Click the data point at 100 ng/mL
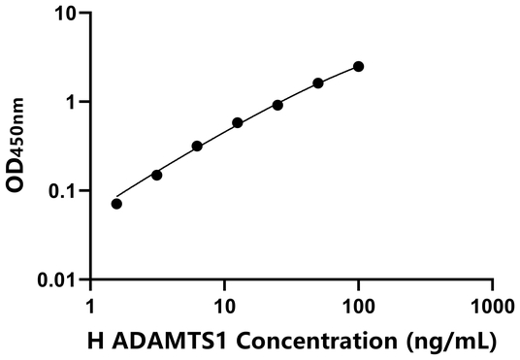pos(359,66)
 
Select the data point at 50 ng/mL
pos(318,83)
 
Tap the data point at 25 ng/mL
pos(277,105)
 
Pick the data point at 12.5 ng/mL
pos(238,123)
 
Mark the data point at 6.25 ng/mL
pos(197,147)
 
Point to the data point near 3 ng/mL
pos(157,175)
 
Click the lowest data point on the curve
pos(117,204)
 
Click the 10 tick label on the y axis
pos(67,14)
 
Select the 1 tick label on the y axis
pos(74,102)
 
